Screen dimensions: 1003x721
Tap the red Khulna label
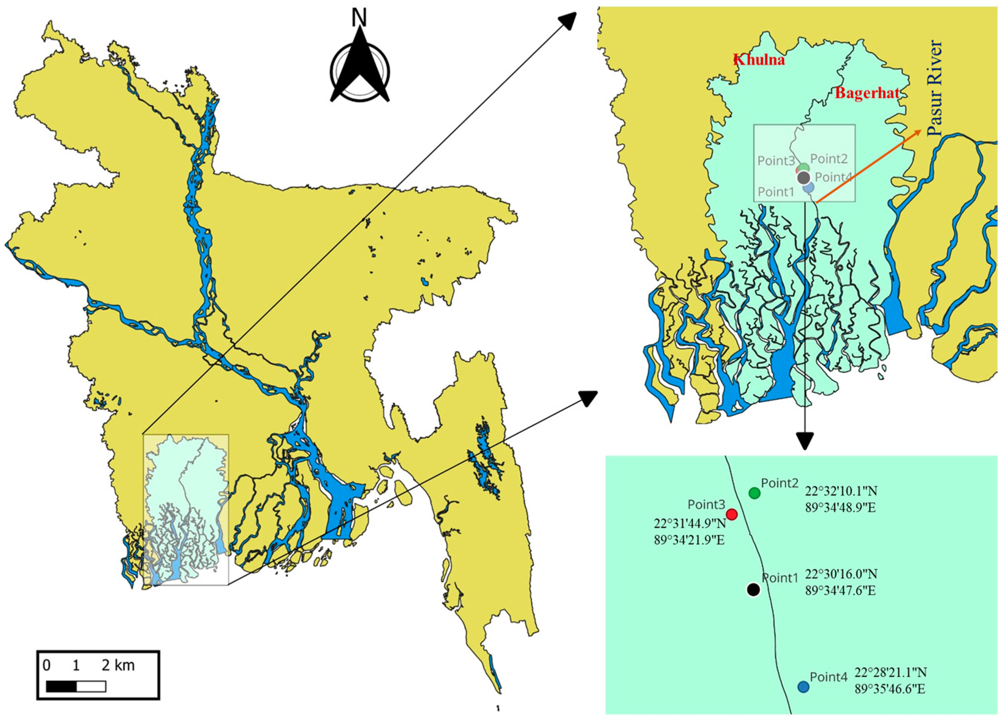coord(759,60)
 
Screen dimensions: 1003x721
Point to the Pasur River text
coord(935,88)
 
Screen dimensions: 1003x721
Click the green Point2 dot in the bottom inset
coord(755,493)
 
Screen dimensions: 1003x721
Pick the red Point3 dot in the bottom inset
coord(732,514)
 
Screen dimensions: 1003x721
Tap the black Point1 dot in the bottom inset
coord(753,589)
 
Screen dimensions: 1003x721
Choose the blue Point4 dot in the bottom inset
coord(803,686)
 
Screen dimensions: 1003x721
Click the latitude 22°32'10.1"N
coord(841,491)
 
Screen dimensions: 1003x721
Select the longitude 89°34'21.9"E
coord(690,540)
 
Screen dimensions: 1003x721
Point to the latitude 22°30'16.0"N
coord(841,574)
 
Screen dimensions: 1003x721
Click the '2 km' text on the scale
coord(118,665)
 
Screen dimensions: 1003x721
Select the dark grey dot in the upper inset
coord(804,178)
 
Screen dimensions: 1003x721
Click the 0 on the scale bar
coord(46,665)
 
